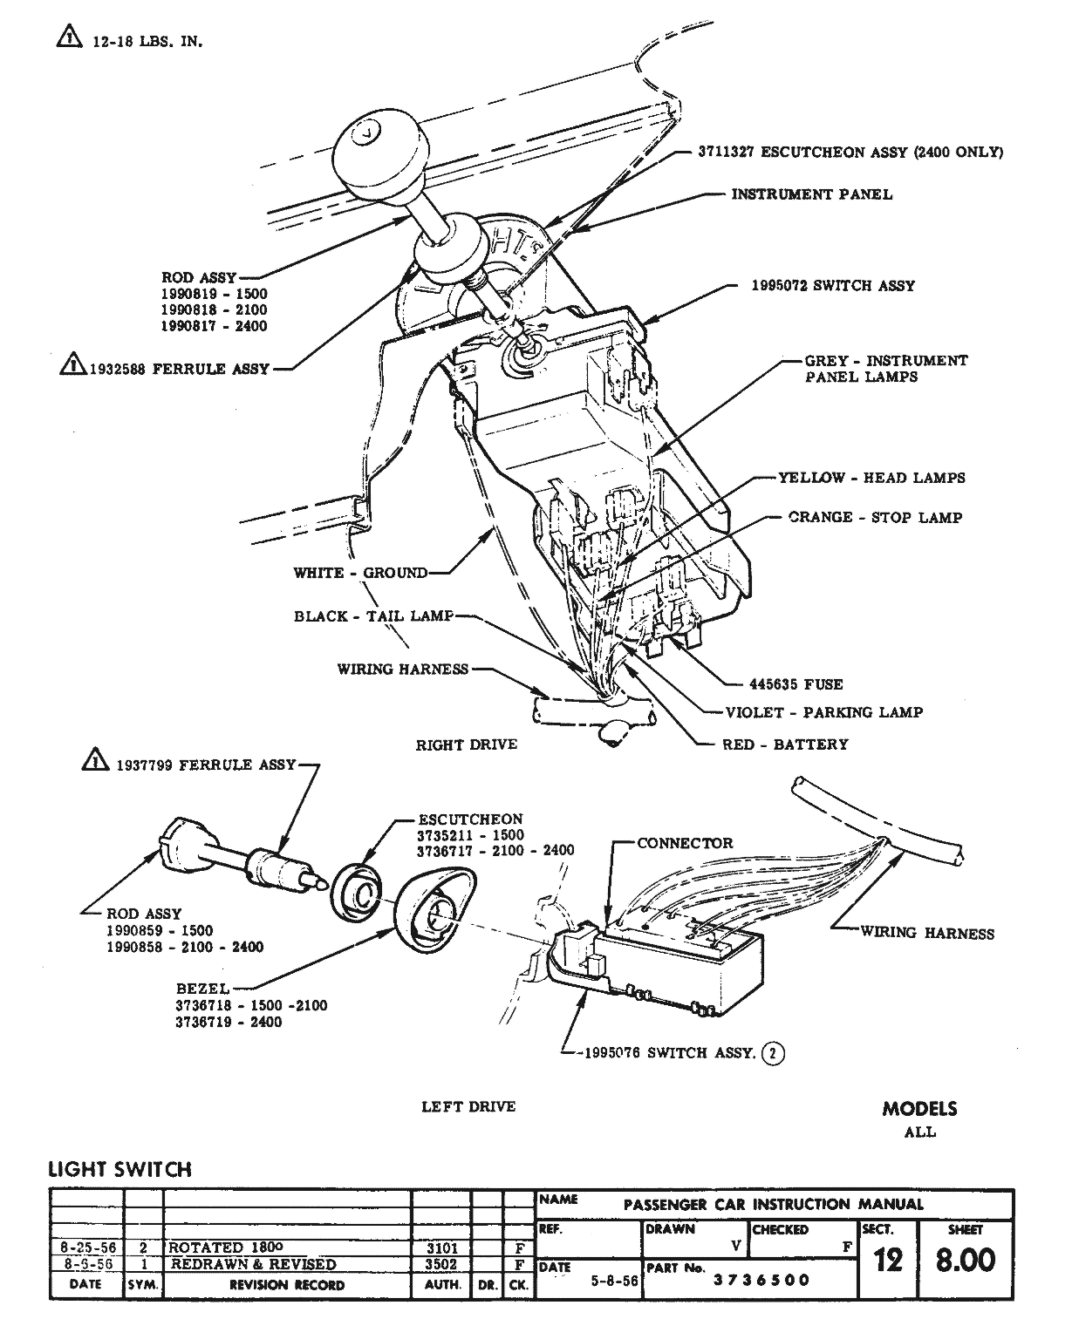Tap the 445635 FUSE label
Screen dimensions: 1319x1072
(795, 684)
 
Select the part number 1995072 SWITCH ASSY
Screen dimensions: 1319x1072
(833, 285)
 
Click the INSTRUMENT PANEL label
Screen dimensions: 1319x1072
(811, 194)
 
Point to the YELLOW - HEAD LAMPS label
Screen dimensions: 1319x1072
(871, 478)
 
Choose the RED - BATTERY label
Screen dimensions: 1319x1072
(784, 744)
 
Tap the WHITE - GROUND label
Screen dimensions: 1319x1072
(360, 573)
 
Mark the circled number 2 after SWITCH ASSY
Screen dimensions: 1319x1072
(773, 1053)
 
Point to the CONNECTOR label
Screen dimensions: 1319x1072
(685, 843)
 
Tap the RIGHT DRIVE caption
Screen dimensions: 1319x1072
(466, 744)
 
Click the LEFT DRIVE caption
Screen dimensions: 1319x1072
(468, 1106)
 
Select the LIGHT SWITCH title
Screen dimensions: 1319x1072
(119, 1169)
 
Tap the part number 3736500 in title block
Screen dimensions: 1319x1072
(761, 1280)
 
